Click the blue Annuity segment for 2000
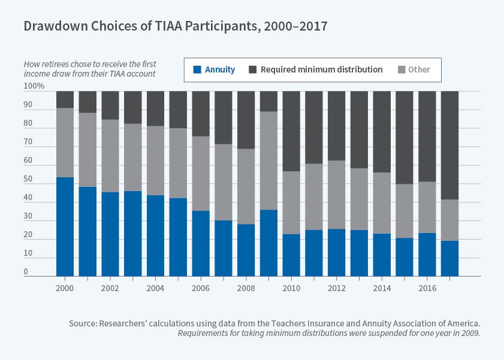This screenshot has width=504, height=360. click(x=65, y=226)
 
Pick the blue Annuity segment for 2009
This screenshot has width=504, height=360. click(x=268, y=243)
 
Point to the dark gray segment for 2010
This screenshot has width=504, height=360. click(x=291, y=131)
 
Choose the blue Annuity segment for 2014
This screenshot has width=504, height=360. click(x=382, y=255)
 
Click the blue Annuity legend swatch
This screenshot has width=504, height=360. click(x=197, y=69)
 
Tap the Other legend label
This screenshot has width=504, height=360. click(x=419, y=69)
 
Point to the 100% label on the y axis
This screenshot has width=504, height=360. click(x=34, y=86)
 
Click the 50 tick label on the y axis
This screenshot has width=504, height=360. click(x=29, y=179)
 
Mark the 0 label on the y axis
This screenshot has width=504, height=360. click(x=26, y=272)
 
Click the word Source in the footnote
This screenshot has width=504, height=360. click(x=83, y=323)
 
